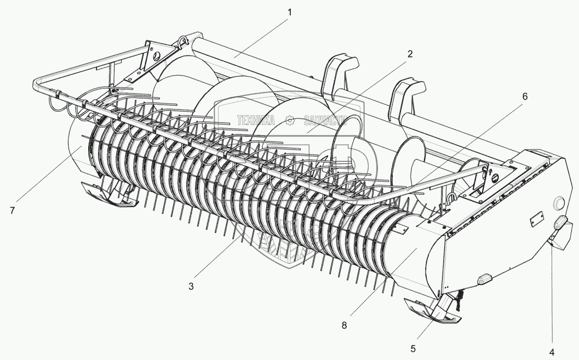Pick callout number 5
point(414,348)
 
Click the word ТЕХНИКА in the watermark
point(257,120)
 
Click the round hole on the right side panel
point(559,203)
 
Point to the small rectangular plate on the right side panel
point(535,221)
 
